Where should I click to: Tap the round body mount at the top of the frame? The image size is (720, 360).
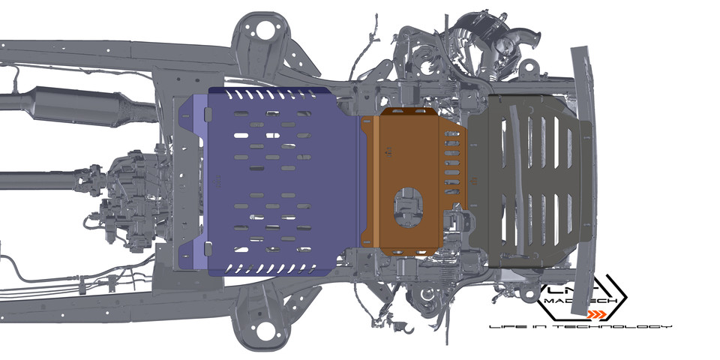tap(264, 31)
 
